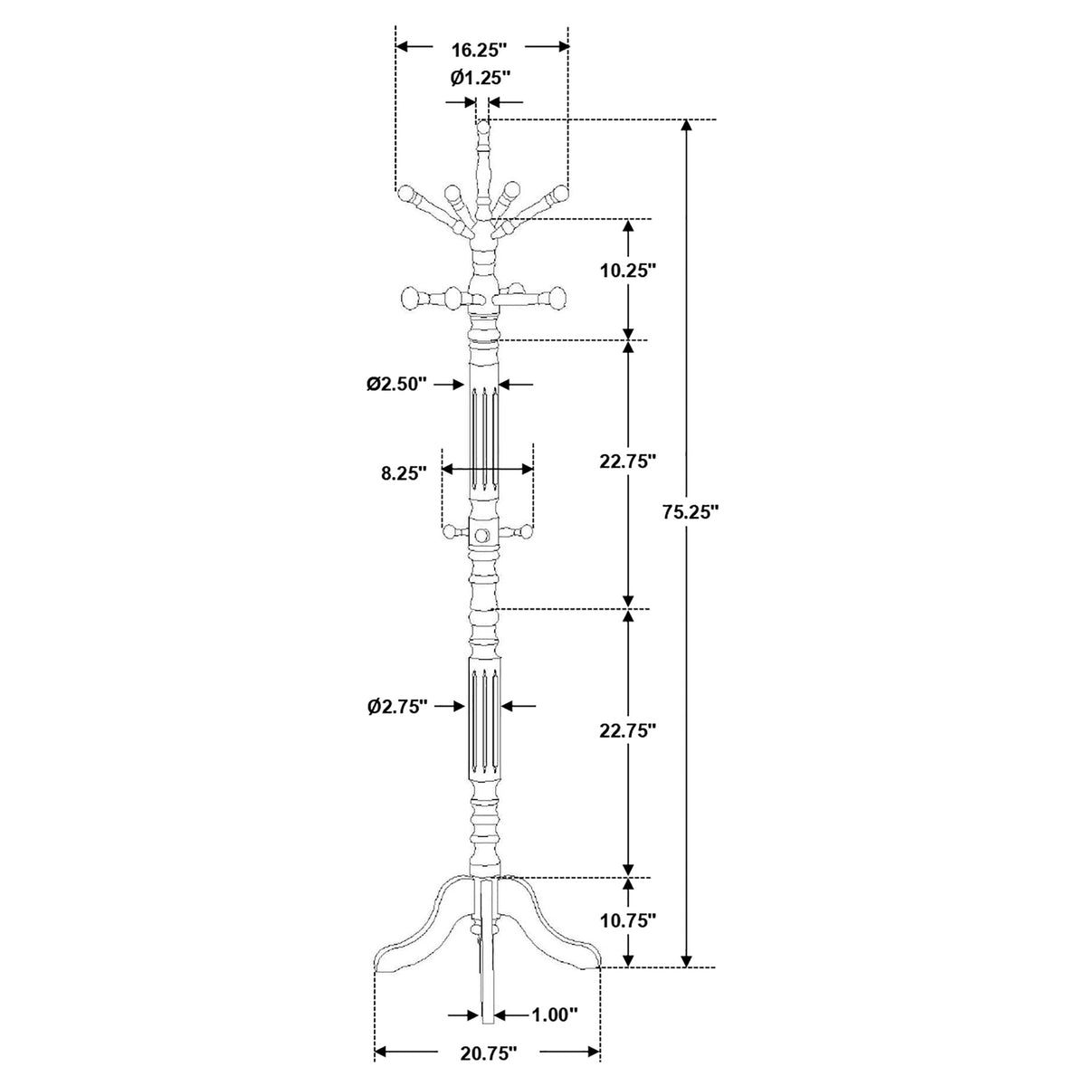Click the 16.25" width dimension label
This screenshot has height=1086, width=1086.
tap(479, 50)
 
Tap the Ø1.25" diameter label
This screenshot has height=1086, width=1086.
tap(481, 77)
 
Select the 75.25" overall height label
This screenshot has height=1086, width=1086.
tap(691, 511)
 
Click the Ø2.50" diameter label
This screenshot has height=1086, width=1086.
tap(396, 384)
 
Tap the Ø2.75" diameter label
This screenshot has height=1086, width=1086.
tap(396, 707)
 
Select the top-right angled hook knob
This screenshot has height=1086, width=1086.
tap(560, 194)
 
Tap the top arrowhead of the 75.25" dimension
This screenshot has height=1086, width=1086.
tap(686, 127)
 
